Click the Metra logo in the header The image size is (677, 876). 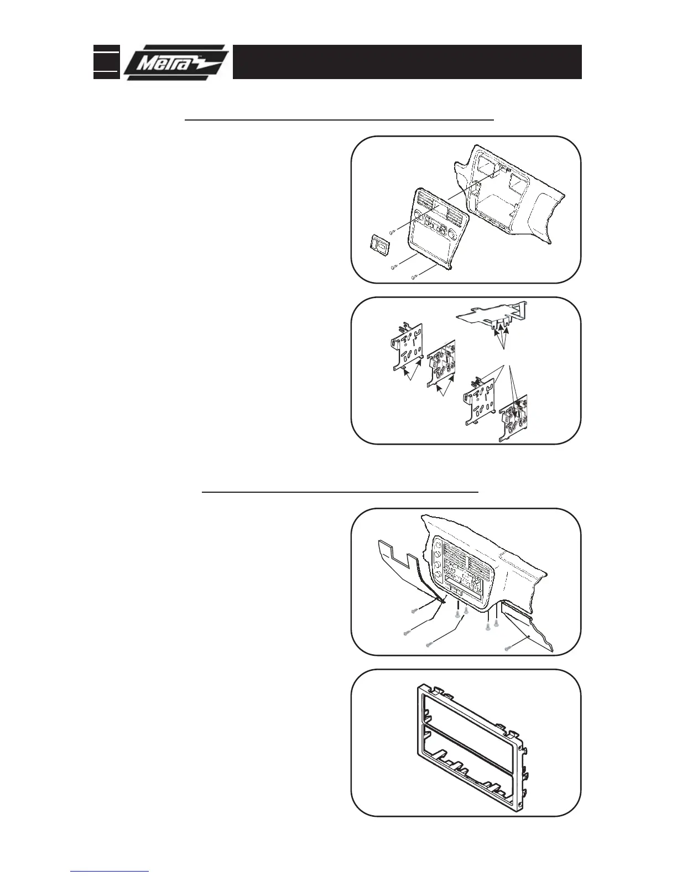pyautogui.click(x=176, y=62)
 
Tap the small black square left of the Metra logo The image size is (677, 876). pyautogui.click(x=106, y=61)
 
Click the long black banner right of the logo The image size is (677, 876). pyautogui.click(x=407, y=62)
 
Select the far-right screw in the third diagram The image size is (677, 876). pyautogui.click(x=507, y=647)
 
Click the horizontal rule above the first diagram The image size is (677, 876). pyautogui.click(x=338, y=119)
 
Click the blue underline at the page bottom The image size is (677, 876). pyautogui.click(x=110, y=872)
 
